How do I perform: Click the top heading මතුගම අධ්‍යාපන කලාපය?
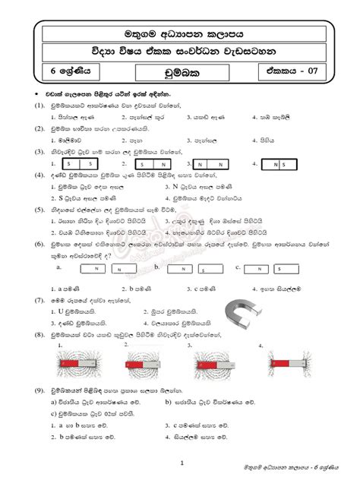(180, 34)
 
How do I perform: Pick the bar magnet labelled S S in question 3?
(77, 164)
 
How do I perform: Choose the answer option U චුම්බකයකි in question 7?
(84, 311)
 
